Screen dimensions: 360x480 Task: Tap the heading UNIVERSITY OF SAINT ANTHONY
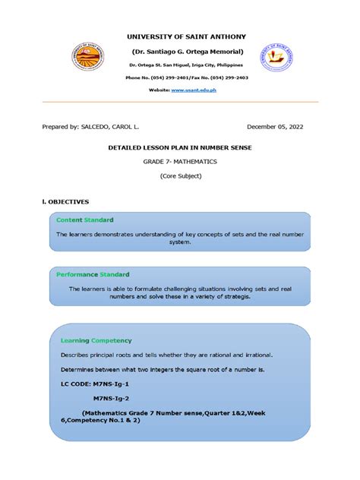coord(181,36)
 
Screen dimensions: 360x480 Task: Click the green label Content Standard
coord(85,219)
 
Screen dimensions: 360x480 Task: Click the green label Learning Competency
coord(96,340)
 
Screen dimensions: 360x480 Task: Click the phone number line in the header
coord(182,77)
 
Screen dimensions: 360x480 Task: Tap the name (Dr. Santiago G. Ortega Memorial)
coord(182,52)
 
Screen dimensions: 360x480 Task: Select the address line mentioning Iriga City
coord(182,65)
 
